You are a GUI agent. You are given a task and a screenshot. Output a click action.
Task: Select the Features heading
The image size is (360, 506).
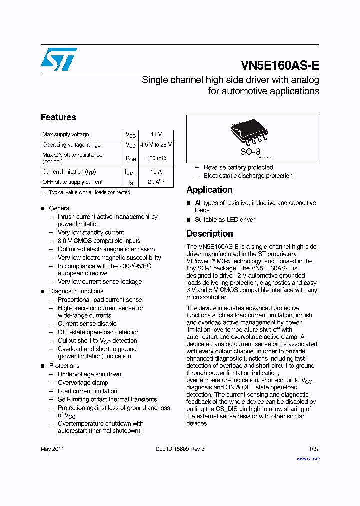[58, 117]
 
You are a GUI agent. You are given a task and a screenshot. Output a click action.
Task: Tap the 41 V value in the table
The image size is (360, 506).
[156, 134]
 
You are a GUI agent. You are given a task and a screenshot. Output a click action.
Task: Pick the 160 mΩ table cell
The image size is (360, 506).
[156, 158]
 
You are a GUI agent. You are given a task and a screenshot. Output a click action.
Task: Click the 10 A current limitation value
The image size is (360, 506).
[156, 172]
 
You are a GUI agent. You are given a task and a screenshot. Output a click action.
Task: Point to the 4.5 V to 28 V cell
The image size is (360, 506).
[156, 145]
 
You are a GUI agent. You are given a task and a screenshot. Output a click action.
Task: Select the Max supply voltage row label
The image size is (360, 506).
[66, 134]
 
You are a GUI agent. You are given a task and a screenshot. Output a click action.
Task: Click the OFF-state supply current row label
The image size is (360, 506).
[72, 182]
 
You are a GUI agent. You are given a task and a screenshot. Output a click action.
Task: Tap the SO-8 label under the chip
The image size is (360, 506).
[250, 151]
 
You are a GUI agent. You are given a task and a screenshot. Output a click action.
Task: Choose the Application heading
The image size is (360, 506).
[209, 190]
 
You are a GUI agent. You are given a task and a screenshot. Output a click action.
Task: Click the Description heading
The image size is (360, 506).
[210, 234]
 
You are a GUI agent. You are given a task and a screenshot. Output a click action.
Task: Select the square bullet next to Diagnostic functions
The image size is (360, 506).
[43, 291]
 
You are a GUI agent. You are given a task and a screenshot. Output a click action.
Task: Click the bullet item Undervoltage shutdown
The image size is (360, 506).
[89, 374]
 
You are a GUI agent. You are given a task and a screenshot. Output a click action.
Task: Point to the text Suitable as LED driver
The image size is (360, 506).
[225, 220]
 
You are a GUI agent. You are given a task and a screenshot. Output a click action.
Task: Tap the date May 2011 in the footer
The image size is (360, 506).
[52, 449]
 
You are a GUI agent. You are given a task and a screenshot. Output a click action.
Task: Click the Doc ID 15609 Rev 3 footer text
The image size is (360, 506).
[180, 449]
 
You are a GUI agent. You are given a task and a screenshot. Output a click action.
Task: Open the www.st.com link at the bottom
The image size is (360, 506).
[308, 458]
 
